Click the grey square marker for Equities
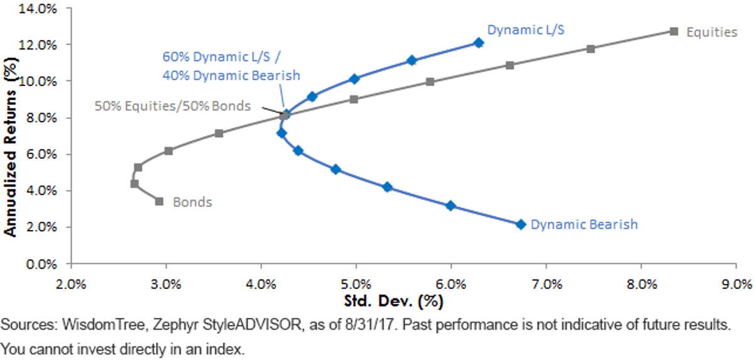[x=674, y=31]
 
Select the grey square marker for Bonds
[x=159, y=202]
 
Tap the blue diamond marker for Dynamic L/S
[x=479, y=43]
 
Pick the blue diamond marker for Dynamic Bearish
[x=521, y=224]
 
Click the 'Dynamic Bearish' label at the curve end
[x=584, y=224]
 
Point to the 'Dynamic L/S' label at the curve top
[x=526, y=30]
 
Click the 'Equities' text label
[x=712, y=32]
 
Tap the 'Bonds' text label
[x=192, y=202]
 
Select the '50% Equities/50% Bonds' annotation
[x=173, y=106]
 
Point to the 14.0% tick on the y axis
[x=37, y=8]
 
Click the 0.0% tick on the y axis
[x=41, y=264]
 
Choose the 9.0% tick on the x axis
[x=736, y=285]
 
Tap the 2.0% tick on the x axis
[x=71, y=285]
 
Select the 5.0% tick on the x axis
[x=356, y=285]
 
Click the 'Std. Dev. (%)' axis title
[x=393, y=301]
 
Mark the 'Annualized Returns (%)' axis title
[x=10, y=147]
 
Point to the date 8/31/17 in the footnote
[x=369, y=325]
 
